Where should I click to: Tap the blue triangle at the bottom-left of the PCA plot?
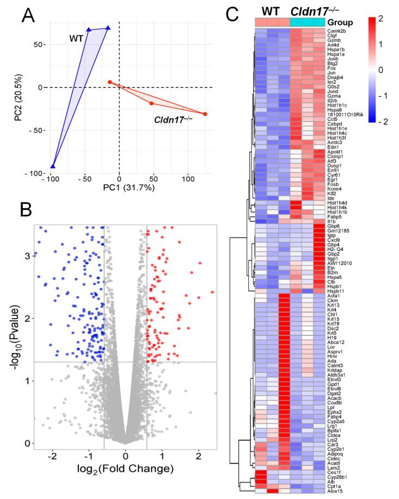[x=53, y=166]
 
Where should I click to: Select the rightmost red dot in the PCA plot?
[x=205, y=114]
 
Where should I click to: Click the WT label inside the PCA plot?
[x=76, y=39]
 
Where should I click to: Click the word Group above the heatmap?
[x=340, y=22]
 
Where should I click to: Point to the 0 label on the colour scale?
[x=380, y=70]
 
